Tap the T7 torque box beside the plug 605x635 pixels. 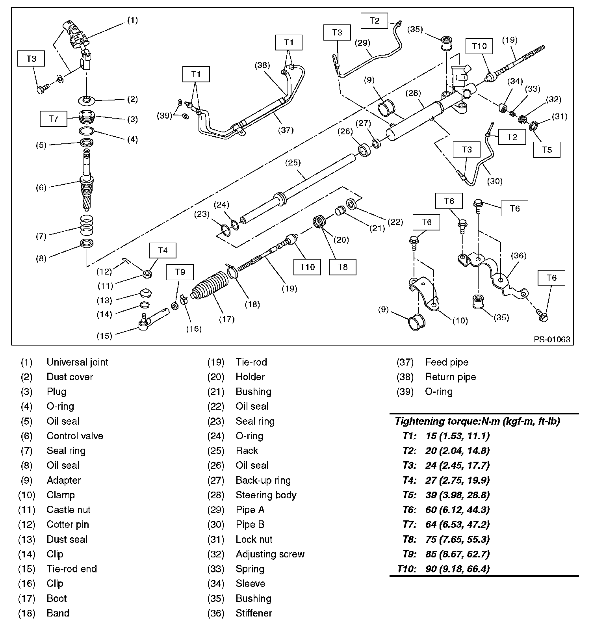(53, 119)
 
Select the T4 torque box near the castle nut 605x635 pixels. (163, 251)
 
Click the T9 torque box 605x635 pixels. (180, 272)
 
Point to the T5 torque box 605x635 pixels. (547, 150)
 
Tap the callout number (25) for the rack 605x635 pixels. (293, 162)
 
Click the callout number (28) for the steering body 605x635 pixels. (414, 93)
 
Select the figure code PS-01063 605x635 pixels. (552, 340)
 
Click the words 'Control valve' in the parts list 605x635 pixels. (75, 436)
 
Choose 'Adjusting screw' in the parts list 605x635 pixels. (270, 554)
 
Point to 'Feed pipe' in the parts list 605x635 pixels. (447, 362)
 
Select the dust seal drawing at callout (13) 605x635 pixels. (146, 293)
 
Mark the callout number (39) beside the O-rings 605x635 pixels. (165, 115)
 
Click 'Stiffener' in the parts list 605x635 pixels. (254, 613)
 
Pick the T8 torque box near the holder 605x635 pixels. (343, 267)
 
